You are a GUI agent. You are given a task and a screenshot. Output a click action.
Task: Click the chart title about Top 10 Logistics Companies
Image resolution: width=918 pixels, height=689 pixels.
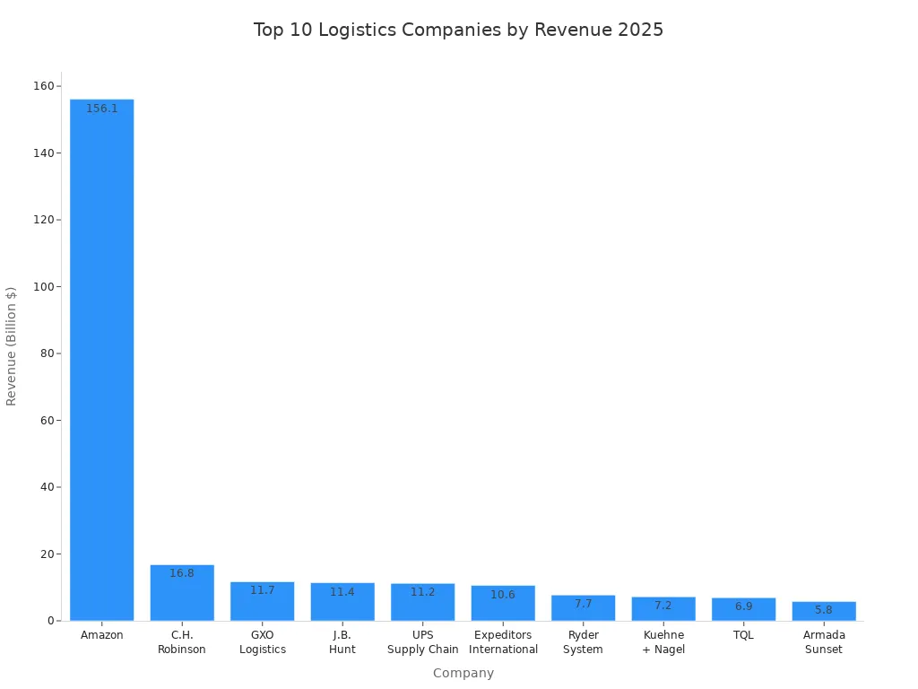(x=458, y=30)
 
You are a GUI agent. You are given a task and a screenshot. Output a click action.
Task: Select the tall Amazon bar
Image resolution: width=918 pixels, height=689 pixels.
(x=101, y=359)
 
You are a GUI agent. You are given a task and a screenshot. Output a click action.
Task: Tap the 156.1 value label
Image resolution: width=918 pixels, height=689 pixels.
(x=101, y=109)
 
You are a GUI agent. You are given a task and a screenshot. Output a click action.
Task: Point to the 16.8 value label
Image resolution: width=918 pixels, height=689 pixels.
(x=182, y=573)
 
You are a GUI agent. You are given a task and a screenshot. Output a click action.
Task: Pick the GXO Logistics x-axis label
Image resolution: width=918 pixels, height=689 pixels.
(x=263, y=642)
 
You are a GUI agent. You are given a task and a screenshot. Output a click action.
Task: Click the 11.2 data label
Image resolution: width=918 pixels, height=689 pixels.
(x=423, y=592)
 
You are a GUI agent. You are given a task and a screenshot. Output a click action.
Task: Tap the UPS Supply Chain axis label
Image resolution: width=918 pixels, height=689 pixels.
(x=423, y=642)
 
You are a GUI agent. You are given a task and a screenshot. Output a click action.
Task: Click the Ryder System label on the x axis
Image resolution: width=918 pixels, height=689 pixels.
(x=583, y=642)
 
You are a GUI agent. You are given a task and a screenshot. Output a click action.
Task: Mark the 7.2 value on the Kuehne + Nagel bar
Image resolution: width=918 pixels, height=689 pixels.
(x=663, y=606)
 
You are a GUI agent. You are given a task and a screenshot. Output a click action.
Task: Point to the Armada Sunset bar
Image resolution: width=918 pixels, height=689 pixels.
(x=824, y=612)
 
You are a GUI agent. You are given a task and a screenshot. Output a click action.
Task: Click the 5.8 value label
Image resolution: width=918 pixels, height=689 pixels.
(x=824, y=610)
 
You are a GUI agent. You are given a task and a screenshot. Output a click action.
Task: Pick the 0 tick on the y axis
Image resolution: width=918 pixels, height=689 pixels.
(x=50, y=621)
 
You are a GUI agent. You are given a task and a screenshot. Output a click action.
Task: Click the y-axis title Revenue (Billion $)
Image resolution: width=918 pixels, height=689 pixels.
(x=12, y=346)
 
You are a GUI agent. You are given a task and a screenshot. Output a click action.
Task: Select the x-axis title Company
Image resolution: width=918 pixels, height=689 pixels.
(x=463, y=673)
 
